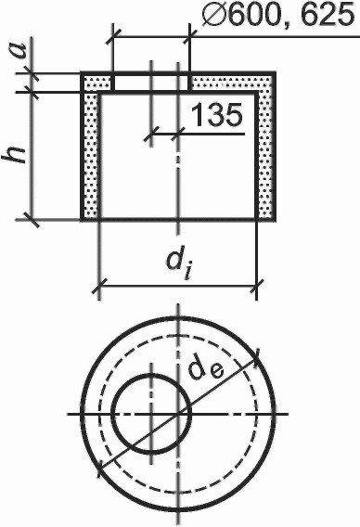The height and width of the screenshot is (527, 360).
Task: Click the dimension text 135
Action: point(216,114)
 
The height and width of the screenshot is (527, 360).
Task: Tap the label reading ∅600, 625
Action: point(278,15)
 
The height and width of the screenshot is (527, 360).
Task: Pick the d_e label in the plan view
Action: point(204,368)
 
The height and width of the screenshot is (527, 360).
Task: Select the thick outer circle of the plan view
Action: point(82,414)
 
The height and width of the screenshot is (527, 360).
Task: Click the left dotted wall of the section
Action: point(90,155)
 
